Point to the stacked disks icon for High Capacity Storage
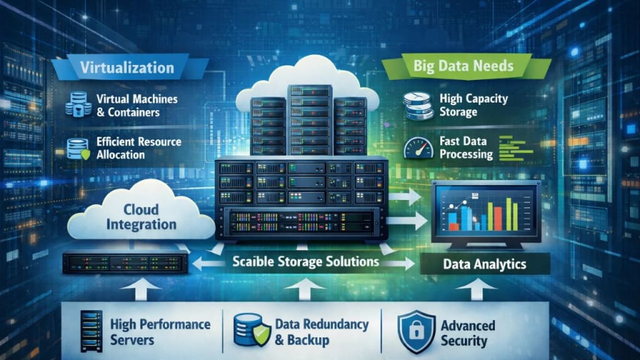click(417, 105)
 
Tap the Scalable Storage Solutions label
click(306, 261)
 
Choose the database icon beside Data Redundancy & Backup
click(250, 330)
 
